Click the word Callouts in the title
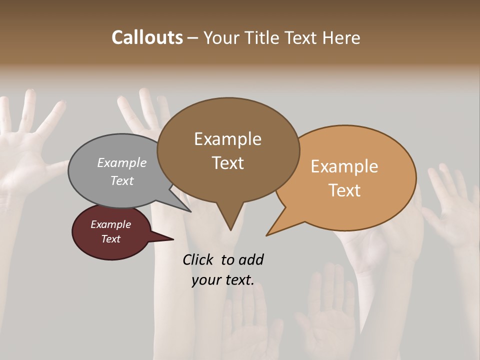click(147, 37)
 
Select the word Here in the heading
click(341, 37)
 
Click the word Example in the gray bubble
click(122, 162)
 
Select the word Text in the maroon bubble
click(110, 239)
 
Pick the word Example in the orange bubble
click(344, 166)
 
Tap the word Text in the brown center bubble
click(227, 163)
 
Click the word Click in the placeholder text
click(197, 259)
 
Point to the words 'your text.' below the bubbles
click(222, 280)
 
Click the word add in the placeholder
click(250, 259)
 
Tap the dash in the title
click(192, 37)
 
